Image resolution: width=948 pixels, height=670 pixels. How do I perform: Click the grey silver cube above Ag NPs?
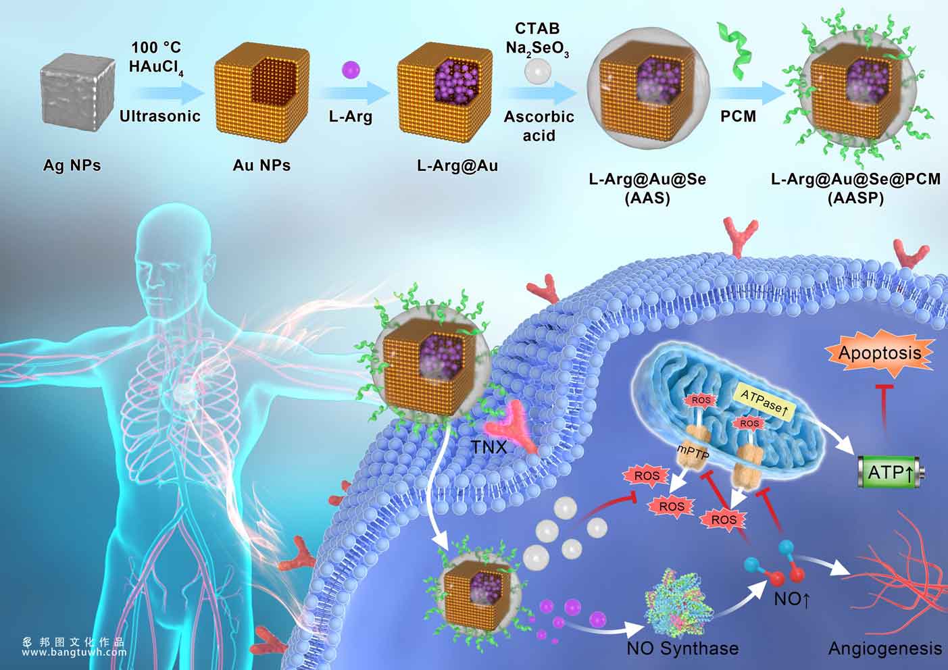78,92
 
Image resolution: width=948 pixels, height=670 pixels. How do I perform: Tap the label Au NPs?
261,165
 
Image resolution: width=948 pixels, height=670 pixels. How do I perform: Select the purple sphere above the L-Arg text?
351,70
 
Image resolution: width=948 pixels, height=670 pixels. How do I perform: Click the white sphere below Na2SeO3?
537,71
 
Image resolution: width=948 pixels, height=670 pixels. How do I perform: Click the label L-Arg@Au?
457,165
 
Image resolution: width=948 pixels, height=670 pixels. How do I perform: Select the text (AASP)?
855,198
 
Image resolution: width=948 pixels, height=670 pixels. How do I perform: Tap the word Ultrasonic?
160,116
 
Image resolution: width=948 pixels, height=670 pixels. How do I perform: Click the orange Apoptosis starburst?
880,353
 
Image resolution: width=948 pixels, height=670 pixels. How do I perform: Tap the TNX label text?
489,447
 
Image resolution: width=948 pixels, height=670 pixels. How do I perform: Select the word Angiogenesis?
885,648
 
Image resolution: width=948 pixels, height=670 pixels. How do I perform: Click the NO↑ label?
792,599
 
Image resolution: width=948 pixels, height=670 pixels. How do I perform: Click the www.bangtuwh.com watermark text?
74,652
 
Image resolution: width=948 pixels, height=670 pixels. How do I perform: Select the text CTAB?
537,28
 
